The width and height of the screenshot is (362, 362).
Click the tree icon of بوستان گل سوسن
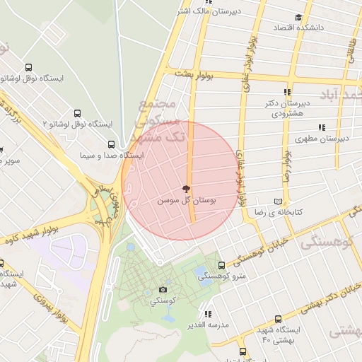coord(186,189)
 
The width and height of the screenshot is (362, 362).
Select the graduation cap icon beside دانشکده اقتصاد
coord(298,17)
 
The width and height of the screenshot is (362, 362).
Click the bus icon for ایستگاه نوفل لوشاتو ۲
coord(77,113)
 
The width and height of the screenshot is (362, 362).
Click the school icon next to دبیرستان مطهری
coord(322,128)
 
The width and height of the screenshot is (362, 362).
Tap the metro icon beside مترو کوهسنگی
coord(222,265)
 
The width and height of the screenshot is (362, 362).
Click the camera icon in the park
coord(163,289)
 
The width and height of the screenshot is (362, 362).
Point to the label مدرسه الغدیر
coord(206,324)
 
